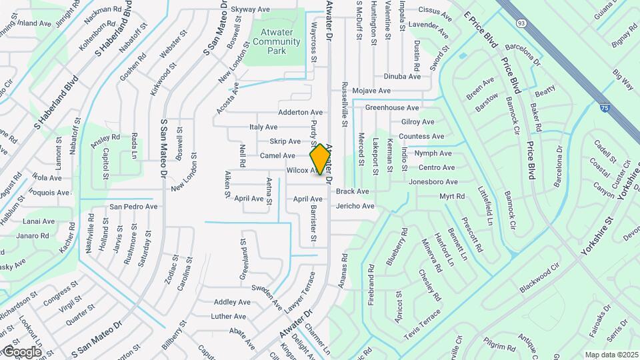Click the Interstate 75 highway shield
(x=604, y=107)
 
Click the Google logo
(x=21, y=351)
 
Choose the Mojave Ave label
(x=371, y=90)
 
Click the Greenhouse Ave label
(x=392, y=107)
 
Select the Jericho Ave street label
(x=355, y=206)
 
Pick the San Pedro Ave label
(x=133, y=206)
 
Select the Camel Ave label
(x=277, y=155)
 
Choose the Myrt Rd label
(x=451, y=197)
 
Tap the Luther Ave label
(x=229, y=316)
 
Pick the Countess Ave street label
(x=421, y=137)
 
